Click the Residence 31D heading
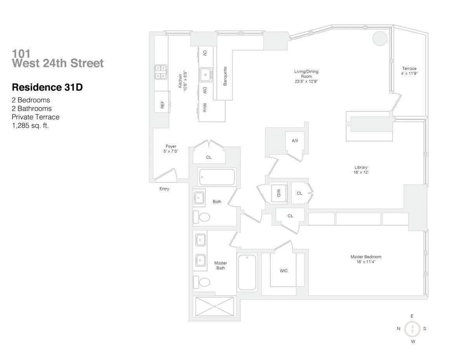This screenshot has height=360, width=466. coord(47,87)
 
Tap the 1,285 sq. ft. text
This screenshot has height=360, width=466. coord(30,125)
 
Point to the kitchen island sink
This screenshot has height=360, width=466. coord(206,74)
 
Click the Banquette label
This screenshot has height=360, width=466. coord(225,76)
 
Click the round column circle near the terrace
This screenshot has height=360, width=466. coord(379,38)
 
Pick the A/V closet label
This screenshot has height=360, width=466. coord(295,140)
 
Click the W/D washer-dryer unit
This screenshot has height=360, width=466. coord(278,193)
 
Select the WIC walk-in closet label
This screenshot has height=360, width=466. coord(283,271)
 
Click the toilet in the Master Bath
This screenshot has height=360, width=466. coord(202,282)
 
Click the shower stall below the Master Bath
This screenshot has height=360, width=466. coord(214,307)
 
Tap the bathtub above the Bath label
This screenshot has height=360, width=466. coord(217,177)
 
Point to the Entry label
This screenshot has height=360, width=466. coord(164,189)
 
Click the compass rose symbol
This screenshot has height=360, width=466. coord(412,329)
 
